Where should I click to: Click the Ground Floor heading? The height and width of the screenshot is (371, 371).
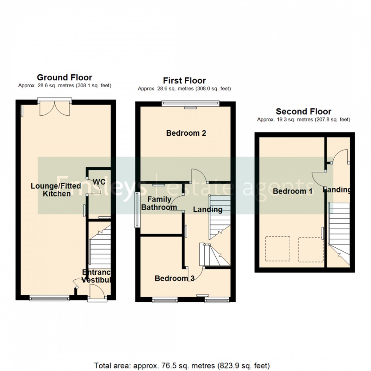pos(64,77)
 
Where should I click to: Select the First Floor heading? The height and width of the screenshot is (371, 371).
pos(184,80)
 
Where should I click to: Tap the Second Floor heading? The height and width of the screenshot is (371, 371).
pos(303,111)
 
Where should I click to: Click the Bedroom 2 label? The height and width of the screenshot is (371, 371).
pos(186,133)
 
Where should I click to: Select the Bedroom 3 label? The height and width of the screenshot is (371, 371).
pos(174,278)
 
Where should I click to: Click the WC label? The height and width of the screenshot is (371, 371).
pos(99,181)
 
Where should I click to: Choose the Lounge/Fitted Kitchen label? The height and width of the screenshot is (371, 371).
pos(56,190)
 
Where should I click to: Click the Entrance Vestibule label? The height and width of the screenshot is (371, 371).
pos(96,276)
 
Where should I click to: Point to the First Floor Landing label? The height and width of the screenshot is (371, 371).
pos(207,210)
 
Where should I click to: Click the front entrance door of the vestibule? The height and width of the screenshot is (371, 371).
pos(97,292)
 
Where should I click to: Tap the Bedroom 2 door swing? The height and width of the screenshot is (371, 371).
pos(199,176)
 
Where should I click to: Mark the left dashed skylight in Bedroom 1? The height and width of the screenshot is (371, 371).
pos(278,248)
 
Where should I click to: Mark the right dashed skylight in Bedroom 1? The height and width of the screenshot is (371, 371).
pos(311,250)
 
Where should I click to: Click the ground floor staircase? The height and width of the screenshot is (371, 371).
pos(99,247)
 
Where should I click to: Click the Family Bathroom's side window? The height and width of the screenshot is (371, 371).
pos(137,210)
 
